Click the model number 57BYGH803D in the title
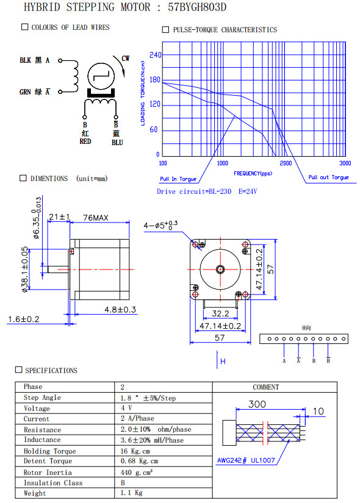pos(197,7)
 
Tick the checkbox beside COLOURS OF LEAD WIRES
pos(25,27)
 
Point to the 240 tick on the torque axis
pos(156,55)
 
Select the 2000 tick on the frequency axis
pos(286,163)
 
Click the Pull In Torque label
pos(178,179)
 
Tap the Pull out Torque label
pos(328,177)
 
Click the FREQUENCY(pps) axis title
pos(253,174)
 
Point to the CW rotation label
pos(126,59)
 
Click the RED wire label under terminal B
pos(85,141)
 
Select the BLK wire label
pos(26,60)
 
